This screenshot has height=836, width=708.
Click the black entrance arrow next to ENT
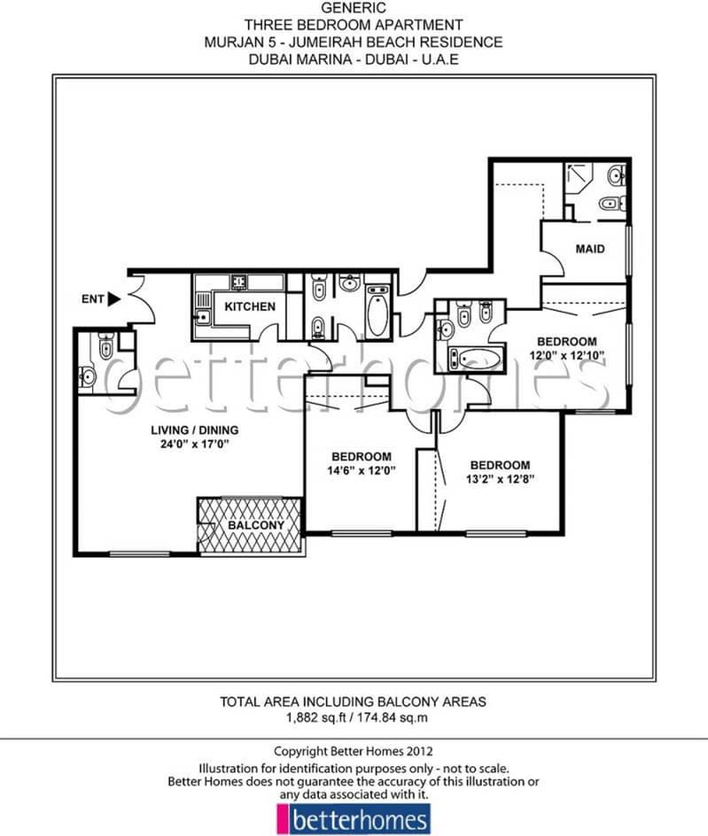click(x=113, y=299)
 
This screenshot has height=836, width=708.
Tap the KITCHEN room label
click(x=249, y=307)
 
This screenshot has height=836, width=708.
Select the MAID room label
click(x=590, y=249)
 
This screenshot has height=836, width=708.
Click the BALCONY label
click(x=256, y=525)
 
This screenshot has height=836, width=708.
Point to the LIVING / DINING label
click(x=193, y=430)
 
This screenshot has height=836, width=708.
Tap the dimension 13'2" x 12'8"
click(x=500, y=479)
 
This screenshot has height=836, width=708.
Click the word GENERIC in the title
click(x=354, y=7)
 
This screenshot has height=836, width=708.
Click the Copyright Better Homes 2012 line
click(x=354, y=750)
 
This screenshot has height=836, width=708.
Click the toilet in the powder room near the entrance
click(x=105, y=348)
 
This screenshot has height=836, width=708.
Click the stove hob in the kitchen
click(x=239, y=283)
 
